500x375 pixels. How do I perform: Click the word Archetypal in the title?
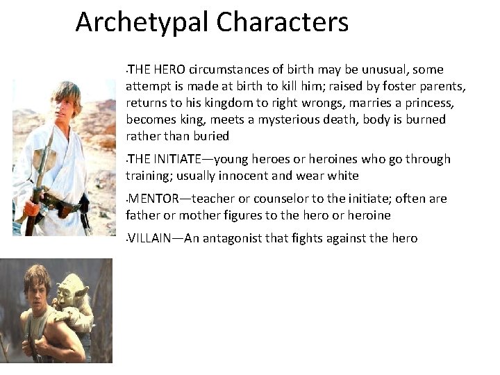[x=142, y=22]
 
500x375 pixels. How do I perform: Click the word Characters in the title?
[x=282, y=22]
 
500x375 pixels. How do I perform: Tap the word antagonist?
[x=235, y=238]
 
